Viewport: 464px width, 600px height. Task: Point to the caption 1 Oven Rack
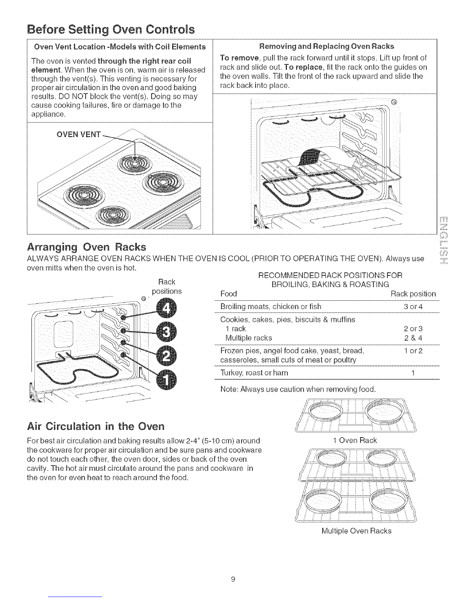[x=354, y=441]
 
